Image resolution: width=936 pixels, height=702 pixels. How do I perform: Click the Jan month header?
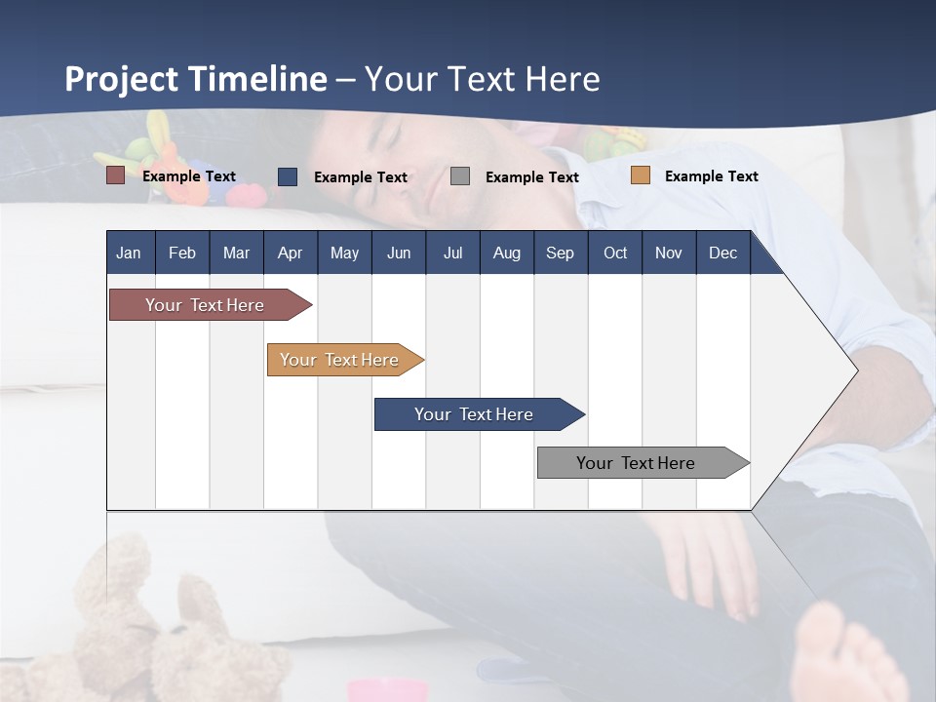click(x=129, y=253)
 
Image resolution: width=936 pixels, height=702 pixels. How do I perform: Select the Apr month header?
click(x=290, y=253)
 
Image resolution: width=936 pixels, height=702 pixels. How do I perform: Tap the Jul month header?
click(x=452, y=253)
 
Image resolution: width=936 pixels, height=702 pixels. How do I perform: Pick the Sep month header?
click(x=560, y=253)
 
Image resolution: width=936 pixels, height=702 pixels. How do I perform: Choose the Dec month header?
click(x=722, y=253)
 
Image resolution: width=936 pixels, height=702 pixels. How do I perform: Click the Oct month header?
click(x=615, y=253)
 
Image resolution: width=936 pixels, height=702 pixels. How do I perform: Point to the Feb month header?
click(x=182, y=253)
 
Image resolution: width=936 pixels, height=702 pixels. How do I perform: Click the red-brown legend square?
click(x=115, y=175)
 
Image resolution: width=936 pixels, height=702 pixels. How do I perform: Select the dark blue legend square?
click(x=288, y=176)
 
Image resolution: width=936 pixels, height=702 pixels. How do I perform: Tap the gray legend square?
click(x=460, y=175)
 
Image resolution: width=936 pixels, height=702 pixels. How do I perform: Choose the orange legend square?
click(x=640, y=175)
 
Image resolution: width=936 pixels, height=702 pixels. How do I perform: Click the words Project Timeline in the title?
click(x=195, y=79)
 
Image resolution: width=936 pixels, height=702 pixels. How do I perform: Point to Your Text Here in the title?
click(x=483, y=79)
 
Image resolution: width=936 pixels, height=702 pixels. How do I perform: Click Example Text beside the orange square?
click(x=711, y=176)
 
